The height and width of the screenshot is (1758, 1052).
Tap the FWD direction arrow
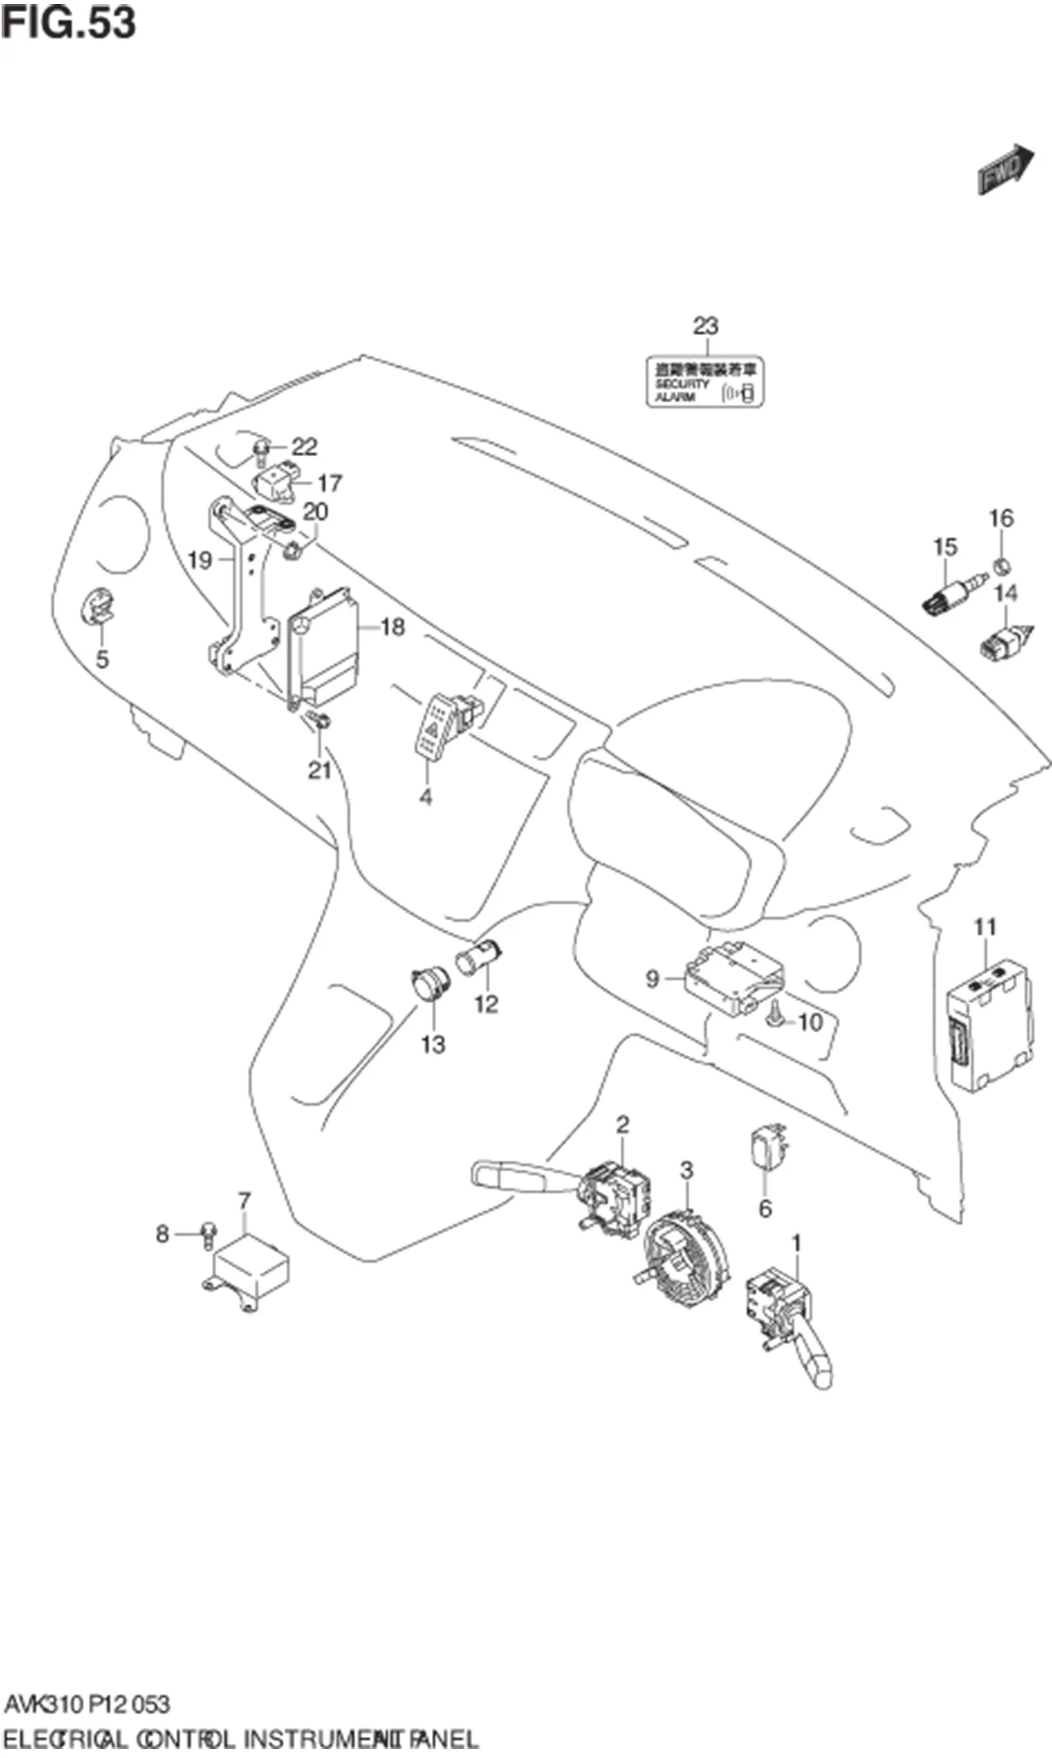1005,169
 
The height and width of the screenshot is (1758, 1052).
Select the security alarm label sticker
705,382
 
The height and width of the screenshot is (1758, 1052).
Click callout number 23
705,326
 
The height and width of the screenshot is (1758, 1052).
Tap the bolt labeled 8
208,1232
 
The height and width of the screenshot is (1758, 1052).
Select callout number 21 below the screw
320,770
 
